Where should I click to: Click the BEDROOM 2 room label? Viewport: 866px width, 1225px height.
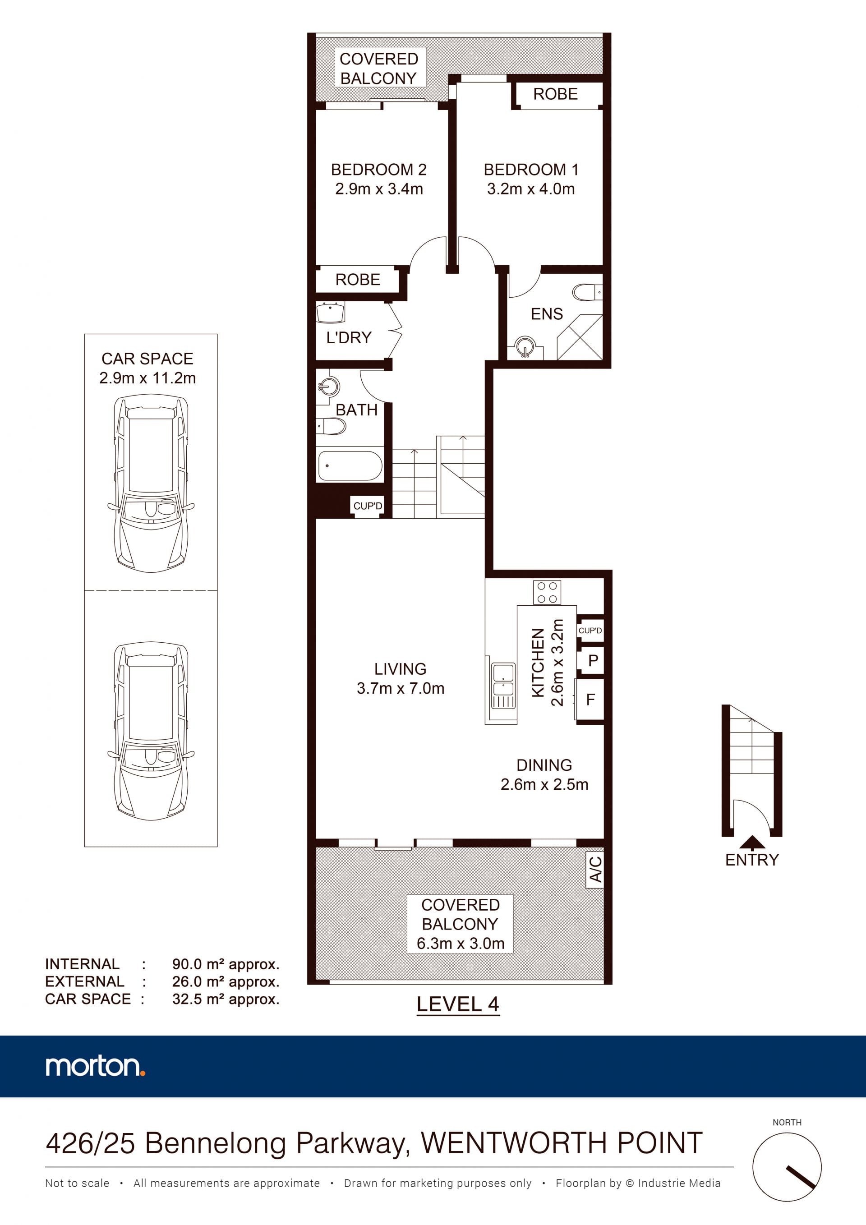pos(378,170)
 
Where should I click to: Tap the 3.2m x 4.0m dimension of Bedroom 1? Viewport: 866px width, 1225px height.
pos(530,189)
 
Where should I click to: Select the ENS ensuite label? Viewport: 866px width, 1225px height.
pos(546,314)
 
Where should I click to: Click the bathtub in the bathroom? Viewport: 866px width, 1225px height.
pos(350,466)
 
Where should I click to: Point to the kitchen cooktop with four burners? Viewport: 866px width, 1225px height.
pos(547,593)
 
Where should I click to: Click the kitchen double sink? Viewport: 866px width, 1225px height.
pos(502,686)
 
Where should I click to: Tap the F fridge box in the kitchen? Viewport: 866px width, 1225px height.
pos(590,700)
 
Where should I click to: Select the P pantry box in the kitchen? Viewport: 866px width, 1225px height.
pos(592,660)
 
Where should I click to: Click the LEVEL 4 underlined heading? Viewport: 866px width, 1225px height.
pos(458,1005)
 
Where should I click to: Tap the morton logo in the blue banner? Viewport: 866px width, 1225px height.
pos(95,1067)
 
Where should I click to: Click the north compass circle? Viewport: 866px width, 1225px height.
pos(787,1167)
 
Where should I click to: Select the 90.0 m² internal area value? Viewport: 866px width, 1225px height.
pos(226,964)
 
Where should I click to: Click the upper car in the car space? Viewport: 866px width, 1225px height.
pos(151,483)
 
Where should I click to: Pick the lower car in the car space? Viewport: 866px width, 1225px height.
pos(151,731)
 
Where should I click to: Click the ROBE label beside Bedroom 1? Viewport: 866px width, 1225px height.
pos(555,94)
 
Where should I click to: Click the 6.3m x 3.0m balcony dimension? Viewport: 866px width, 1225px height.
pos(461,943)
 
